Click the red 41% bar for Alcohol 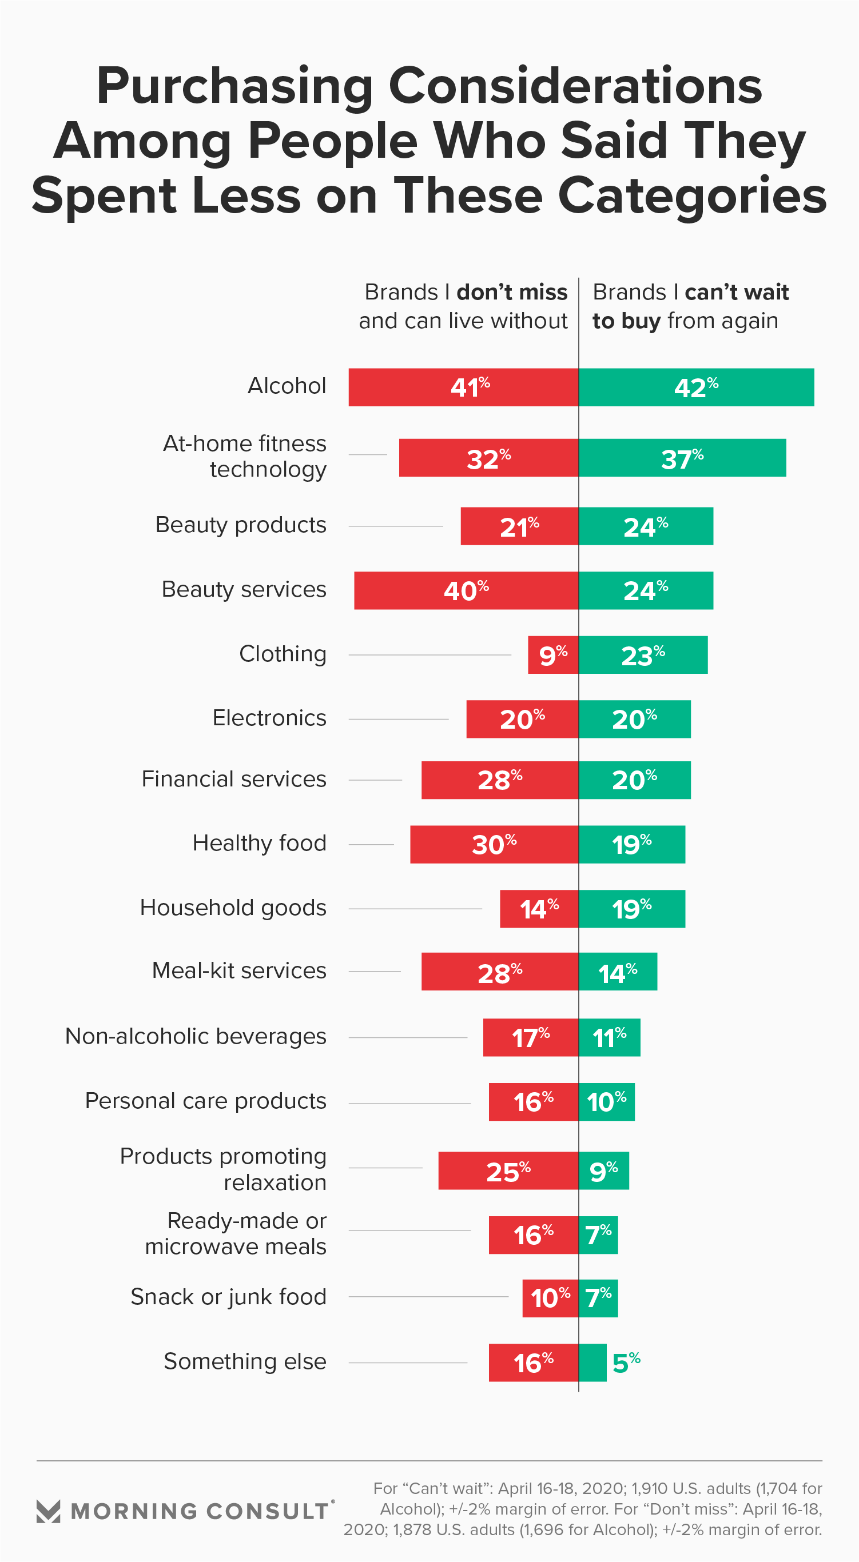[463, 387]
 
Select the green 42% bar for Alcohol [697, 387]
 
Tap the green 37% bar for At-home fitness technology [682, 458]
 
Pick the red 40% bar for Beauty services [466, 590]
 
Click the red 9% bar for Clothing [552, 655]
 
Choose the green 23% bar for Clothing [643, 655]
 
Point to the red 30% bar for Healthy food [494, 844]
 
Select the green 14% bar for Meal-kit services [618, 972]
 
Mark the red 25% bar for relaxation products [508, 1170]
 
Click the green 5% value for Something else [626, 1363]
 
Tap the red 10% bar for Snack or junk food [550, 1298]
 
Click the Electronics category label [269, 718]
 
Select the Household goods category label [233, 908]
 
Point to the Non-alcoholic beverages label [196, 1036]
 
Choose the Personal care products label [206, 1101]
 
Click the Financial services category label [233, 779]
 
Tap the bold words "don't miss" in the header [512, 292]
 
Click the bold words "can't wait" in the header [737, 292]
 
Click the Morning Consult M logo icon [49, 1511]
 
